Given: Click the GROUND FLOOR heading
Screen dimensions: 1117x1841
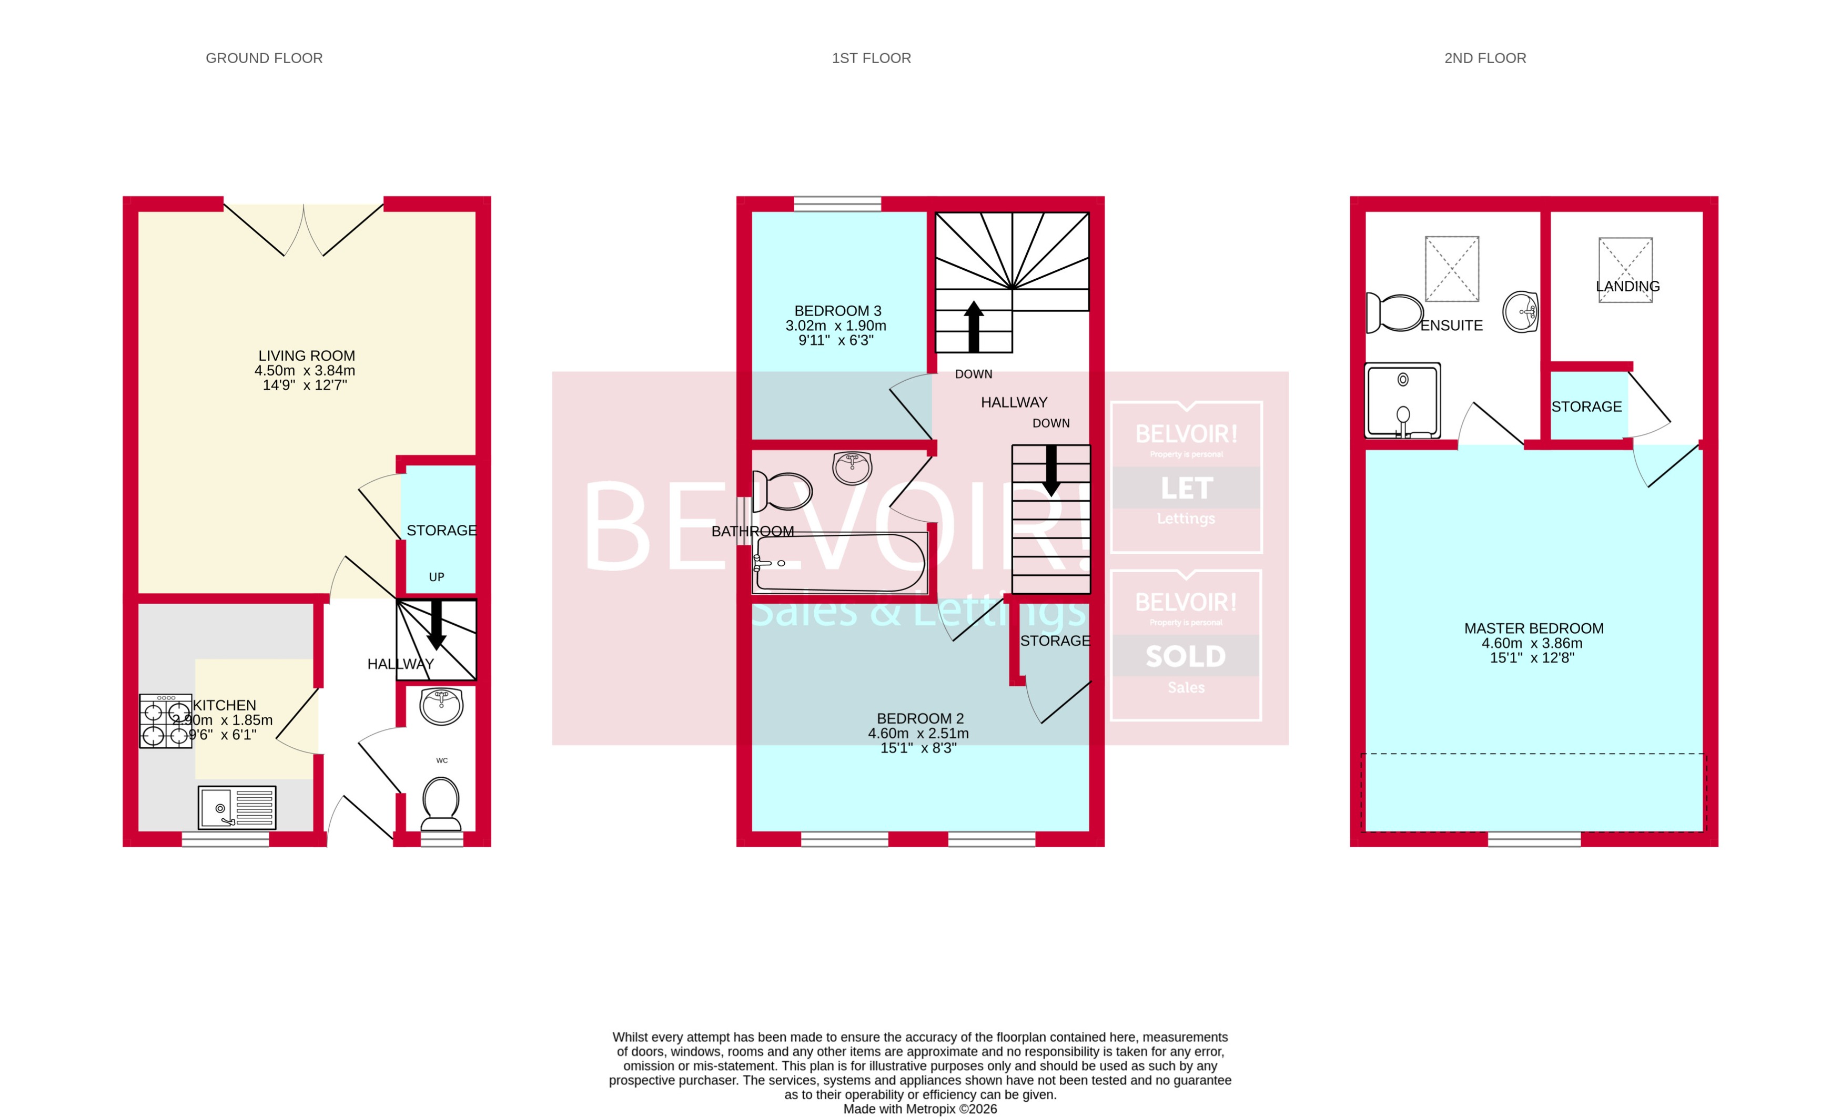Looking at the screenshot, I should pyautogui.click(x=264, y=58).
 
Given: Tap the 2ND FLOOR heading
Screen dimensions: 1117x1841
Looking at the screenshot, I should pyautogui.click(x=1484, y=58).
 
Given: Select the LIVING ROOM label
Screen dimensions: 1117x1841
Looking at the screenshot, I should pyautogui.click(x=306, y=356).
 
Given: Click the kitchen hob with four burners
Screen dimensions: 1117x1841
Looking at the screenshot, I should pyautogui.click(x=165, y=721).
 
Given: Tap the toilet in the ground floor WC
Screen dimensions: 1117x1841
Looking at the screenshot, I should pyautogui.click(x=441, y=803).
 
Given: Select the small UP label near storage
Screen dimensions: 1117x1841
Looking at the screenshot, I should pyautogui.click(x=437, y=577).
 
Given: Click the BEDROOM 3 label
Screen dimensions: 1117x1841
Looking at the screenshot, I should pyautogui.click(x=837, y=311).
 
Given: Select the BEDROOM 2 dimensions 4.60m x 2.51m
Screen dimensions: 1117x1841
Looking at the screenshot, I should pyautogui.click(x=918, y=733).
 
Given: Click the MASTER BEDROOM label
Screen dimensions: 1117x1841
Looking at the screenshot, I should pyautogui.click(x=1533, y=628).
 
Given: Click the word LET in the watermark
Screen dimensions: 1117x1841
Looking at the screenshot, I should pyautogui.click(x=1186, y=489).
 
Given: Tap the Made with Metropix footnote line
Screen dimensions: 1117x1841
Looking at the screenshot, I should pyautogui.click(x=920, y=1109).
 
